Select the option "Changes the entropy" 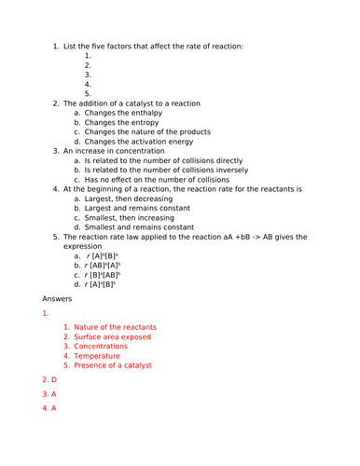click(118, 123)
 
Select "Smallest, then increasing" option click(128, 217)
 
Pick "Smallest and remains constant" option click(139, 226)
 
